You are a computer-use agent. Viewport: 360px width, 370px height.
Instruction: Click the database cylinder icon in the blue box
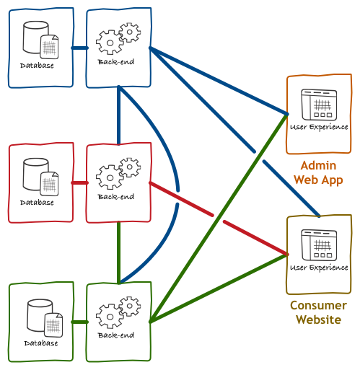[40, 40]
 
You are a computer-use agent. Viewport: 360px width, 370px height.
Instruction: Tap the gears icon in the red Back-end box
[118, 173]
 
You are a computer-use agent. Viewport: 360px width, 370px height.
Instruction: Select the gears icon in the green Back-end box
[118, 312]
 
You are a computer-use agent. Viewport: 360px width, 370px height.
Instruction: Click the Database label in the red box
[37, 203]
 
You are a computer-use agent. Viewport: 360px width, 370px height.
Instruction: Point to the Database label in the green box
[41, 343]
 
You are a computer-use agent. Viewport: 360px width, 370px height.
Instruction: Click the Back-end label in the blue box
[116, 62]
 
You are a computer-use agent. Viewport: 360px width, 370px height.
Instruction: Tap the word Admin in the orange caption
[318, 166]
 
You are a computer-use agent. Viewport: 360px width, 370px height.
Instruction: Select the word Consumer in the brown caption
[318, 306]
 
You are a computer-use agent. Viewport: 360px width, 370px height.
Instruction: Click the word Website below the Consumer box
[318, 320]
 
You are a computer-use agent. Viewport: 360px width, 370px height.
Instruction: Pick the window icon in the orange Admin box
[319, 105]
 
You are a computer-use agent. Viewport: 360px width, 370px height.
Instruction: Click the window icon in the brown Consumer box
[319, 245]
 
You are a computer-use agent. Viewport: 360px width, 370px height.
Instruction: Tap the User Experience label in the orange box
[319, 127]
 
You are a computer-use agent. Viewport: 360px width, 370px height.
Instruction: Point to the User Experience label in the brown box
[319, 268]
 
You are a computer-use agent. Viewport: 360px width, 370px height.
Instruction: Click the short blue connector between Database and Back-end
[80, 48]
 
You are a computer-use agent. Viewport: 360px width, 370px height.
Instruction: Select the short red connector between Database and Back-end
[80, 183]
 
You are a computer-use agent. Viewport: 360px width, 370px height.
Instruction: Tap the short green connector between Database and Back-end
[80, 322]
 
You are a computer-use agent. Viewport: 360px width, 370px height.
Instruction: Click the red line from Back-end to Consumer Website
[219, 219]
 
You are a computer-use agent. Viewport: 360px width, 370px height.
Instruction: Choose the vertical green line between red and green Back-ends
[119, 252]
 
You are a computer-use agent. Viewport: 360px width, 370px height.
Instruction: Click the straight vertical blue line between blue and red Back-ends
[119, 115]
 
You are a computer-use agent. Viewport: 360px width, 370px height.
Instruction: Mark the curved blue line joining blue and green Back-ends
[178, 190]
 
